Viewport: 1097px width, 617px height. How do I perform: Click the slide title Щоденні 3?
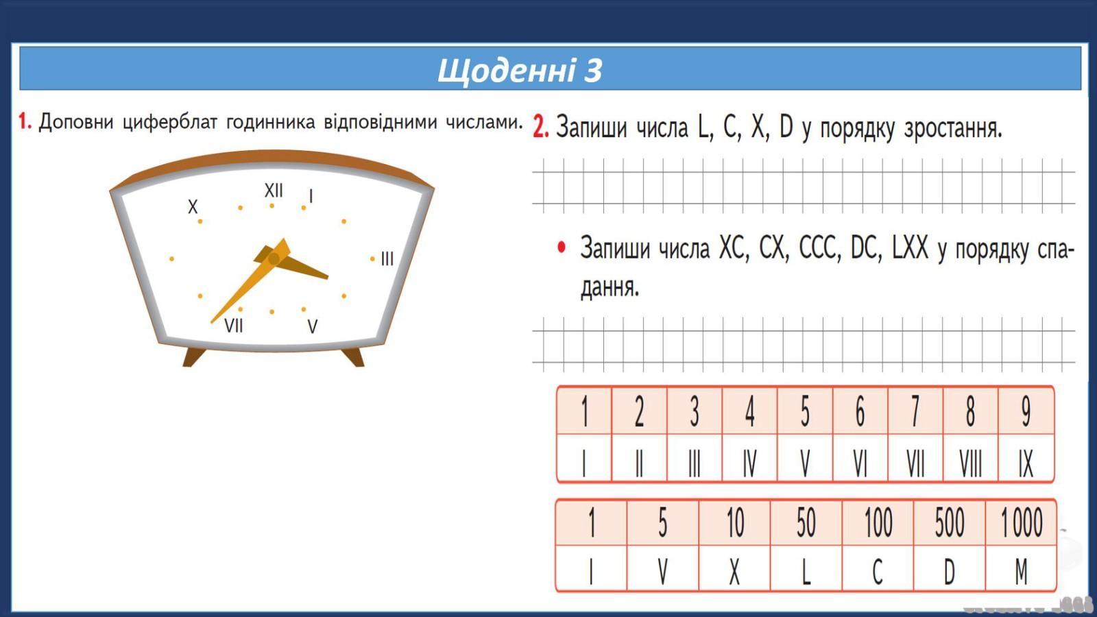point(519,70)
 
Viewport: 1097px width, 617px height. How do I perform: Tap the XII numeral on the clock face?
point(274,190)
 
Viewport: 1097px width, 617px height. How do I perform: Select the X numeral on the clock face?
point(193,206)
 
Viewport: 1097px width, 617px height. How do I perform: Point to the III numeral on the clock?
point(387,258)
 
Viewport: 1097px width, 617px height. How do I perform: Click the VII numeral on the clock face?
point(234,326)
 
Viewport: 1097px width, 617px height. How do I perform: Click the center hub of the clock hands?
point(274,258)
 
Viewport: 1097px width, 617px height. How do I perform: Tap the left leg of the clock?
point(194,357)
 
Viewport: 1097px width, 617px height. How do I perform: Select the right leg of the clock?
point(353,357)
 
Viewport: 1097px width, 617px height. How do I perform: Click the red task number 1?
point(25,121)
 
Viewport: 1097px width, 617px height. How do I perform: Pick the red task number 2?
point(541,128)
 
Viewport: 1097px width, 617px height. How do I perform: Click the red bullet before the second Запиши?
point(562,247)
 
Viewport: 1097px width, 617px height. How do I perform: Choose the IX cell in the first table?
point(1026,459)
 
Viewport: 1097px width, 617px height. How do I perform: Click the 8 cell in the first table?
point(971,411)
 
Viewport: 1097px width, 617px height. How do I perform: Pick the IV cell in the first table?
point(749,459)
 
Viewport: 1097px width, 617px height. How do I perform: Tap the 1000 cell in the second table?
point(1021,522)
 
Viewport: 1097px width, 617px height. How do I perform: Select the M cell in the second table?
point(1021,568)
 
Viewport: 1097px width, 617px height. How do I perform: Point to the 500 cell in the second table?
point(949,522)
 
